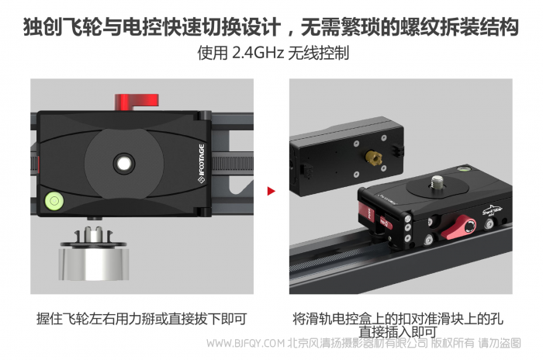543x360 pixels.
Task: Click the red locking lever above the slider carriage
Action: point(137,102)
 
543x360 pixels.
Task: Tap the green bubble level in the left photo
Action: point(54,200)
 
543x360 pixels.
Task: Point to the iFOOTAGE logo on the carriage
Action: point(201,163)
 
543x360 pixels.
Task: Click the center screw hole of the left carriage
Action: point(123,164)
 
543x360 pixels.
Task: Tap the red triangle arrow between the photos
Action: point(271,191)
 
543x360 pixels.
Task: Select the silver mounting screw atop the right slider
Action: point(436,182)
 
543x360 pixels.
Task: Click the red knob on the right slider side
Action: point(459,227)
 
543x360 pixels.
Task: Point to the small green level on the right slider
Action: point(462,169)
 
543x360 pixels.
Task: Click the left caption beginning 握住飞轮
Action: point(142,319)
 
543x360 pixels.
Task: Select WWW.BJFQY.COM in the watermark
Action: point(245,343)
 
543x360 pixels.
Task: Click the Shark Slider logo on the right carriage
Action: point(493,210)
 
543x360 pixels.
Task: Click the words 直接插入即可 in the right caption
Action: point(397,332)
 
